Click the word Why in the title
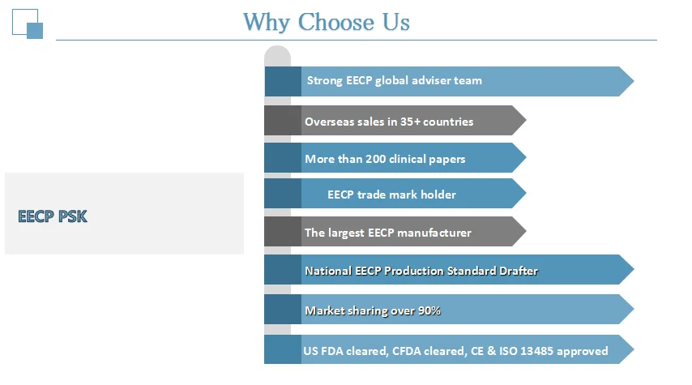[267, 22]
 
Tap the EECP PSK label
[53, 216]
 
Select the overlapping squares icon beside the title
[28, 24]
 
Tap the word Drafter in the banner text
[517, 271]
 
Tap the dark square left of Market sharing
[282, 309]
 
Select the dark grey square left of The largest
[282, 232]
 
